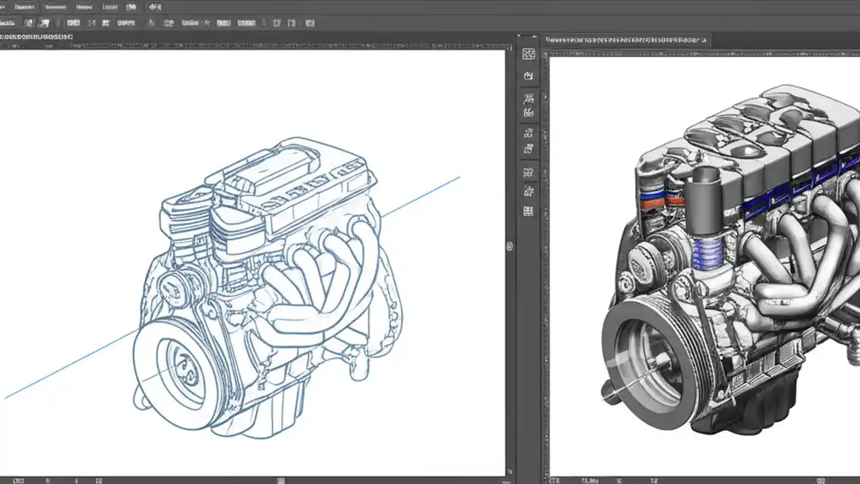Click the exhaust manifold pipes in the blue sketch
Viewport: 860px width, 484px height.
322,282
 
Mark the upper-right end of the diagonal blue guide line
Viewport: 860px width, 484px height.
459,177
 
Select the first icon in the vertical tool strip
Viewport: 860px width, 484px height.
529,54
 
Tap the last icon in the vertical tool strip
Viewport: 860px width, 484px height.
529,211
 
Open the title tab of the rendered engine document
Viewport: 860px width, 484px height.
625,40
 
